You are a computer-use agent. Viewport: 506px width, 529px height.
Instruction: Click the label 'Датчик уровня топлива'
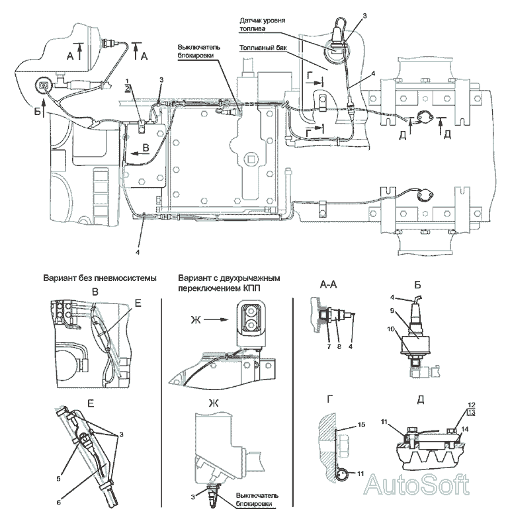[x=263, y=24]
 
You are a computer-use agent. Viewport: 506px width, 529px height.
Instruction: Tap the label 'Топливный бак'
[x=263, y=48]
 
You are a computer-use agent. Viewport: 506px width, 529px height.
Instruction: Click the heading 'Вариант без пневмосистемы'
[x=100, y=278]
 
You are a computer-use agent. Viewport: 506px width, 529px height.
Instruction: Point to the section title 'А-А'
[x=328, y=285]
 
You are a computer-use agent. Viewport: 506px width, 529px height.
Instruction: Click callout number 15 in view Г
[x=361, y=425]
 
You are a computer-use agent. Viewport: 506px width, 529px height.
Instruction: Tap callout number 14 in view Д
[x=464, y=429]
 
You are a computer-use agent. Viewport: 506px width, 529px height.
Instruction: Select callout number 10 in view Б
[x=391, y=329]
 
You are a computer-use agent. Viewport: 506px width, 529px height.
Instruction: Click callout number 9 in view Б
[x=392, y=310]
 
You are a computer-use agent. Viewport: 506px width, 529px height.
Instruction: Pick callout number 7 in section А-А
[x=329, y=346]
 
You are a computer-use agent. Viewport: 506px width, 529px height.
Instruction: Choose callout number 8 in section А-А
[x=339, y=346]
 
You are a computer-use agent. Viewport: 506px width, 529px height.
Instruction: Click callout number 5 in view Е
[x=58, y=478]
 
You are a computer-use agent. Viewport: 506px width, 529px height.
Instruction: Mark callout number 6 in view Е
[x=58, y=503]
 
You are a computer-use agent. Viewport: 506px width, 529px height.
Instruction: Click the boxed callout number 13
[x=471, y=412]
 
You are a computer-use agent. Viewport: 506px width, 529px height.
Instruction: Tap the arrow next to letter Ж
[x=216, y=319]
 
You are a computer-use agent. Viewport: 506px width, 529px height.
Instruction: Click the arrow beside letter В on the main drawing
[x=140, y=153]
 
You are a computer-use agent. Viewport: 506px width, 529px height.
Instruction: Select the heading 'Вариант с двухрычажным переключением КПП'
[x=230, y=283]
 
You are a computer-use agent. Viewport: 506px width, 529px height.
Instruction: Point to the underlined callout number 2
[x=127, y=89]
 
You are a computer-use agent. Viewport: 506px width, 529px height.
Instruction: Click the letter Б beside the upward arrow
[x=37, y=111]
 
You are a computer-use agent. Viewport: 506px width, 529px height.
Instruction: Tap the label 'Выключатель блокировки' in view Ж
[x=257, y=500]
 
